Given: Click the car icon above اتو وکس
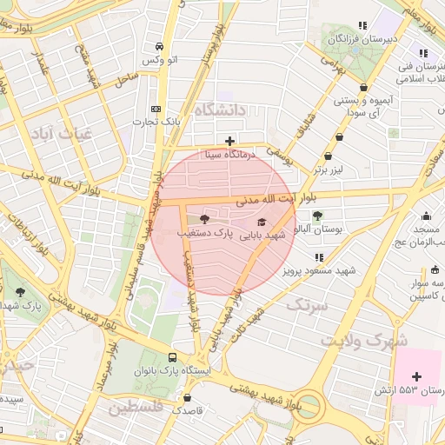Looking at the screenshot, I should pyautogui.click(x=159, y=47).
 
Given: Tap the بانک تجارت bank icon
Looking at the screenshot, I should pyautogui.click(x=156, y=109).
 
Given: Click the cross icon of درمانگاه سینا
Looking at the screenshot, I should pyautogui.click(x=229, y=141).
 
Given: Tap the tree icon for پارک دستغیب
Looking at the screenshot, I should pyautogui.click(x=204, y=220).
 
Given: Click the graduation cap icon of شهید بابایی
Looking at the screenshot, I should pyautogui.click(x=262, y=222).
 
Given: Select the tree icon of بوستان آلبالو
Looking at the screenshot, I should pyautogui.click(x=317, y=216).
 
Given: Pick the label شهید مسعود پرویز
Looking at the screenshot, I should pyautogui.click(x=319, y=270).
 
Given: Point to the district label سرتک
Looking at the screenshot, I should pyautogui.click(x=309, y=305).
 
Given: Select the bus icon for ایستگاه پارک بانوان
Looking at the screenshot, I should pyautogui.click(x=172, y=357).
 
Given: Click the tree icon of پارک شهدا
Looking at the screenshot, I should pyautogui.click(x=20, y=293).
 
